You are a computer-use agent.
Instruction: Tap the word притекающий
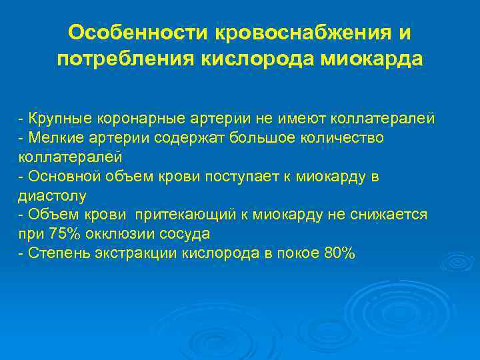click(181, 215)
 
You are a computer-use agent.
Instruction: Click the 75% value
click(63, 234)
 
